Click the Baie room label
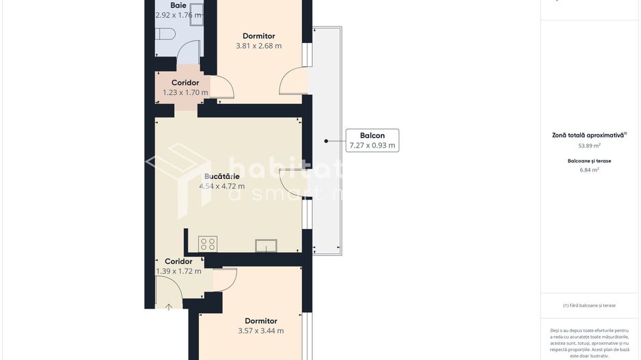178,5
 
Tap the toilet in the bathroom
166,33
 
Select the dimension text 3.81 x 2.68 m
258,46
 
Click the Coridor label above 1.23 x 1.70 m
185,83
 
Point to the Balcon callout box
372,140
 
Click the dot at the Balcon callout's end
326,141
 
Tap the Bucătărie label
221,176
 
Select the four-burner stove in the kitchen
208,244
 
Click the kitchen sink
266,246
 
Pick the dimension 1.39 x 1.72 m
178,271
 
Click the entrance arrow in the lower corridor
169,307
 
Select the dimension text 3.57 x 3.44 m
260,331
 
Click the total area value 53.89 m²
589,146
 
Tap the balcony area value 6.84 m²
589,170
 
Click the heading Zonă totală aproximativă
589,135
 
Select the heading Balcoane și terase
589,161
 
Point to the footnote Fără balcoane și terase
589,305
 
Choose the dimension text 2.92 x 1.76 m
178,15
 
